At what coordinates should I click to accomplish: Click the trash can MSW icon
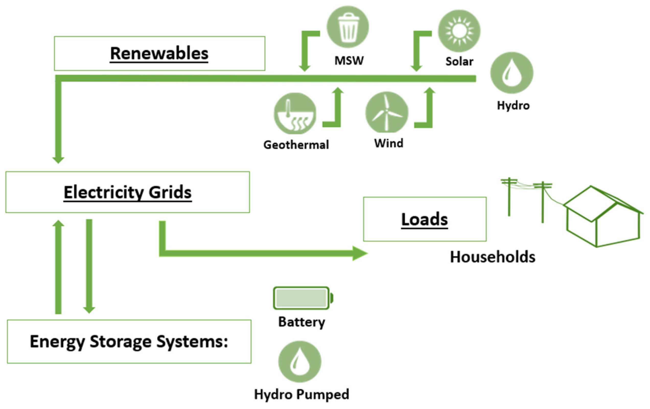[x=348, y=27]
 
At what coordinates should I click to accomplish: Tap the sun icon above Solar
[x=459, y=31]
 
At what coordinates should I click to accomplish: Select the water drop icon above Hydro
[x=512, y=73]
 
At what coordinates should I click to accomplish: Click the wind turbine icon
[x=387, y=113]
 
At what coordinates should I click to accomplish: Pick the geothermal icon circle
[x=295, y=114]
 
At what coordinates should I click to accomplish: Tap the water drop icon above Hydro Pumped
[x=300, y=362]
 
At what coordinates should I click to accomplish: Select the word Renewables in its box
[x=159, y=53]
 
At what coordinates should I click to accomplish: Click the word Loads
[x=424, y=219]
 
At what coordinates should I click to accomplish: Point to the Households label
[x=492, y=257]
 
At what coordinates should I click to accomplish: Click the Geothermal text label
[x=296, y=145]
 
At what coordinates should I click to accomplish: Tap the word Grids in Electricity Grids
[x=170, y=192]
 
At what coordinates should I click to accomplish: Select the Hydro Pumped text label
[x=301, y=394]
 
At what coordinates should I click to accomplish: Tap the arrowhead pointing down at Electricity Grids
[x=58, y=160]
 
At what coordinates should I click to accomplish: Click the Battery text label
[x=301, y=322]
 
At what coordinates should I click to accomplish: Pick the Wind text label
[x=388, y=143]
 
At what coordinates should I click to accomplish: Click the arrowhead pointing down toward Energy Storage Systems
[x=89, y=310]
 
